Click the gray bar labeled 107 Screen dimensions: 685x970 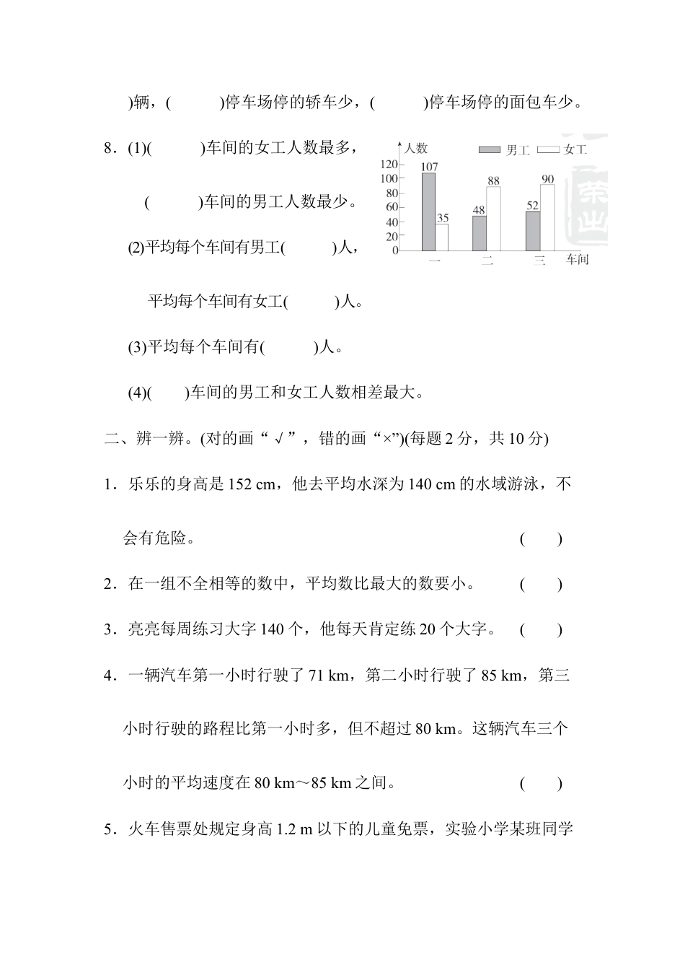(428, 211)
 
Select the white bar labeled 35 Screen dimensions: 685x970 (441, 237)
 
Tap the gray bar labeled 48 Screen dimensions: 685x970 (479, 232)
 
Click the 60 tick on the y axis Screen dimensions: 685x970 (392, 207)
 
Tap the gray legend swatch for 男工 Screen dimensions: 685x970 (490, 149)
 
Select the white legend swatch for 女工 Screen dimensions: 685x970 (549, 149)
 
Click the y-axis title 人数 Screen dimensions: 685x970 (416, 148)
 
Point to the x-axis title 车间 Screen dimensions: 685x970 (577, 258)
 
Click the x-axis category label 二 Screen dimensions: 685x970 (487, 261)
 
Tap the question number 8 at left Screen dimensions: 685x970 (109, 149)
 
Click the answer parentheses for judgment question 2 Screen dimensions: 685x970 (541, 585)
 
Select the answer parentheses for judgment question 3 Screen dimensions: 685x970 (541, 630)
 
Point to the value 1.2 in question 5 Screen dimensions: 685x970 (286, 829)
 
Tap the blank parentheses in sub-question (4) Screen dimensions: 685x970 (168, 393)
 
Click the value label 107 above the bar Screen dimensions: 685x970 (429, 167)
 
